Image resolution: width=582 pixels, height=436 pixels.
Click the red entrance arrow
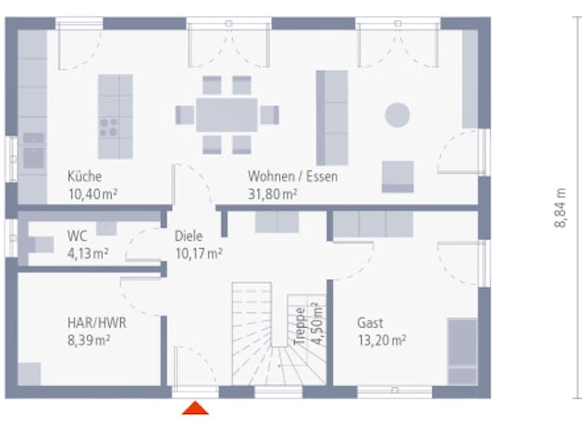[196, 408]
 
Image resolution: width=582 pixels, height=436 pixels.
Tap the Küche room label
[85, 176]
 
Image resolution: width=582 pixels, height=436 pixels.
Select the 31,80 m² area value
[273, 193]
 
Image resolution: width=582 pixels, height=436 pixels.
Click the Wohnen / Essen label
[293, 176]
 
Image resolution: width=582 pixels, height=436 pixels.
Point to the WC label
[77, 236]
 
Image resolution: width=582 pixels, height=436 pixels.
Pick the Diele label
[189, 236]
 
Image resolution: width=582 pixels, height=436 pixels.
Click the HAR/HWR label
[97, 322]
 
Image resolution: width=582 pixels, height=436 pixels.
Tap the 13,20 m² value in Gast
[382, 340]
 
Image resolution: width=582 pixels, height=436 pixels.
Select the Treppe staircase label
[300, 326]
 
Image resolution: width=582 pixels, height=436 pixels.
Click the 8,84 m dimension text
[560, 208]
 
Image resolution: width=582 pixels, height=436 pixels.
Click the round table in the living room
[397, 115]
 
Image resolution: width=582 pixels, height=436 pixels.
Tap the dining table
[226, 115]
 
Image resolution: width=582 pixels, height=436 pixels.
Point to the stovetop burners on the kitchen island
[108, 127]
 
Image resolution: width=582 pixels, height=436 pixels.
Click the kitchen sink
[34, 152]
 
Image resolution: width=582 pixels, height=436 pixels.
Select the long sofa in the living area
[332, 117]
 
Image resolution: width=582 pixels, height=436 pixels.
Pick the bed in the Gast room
[463, 352]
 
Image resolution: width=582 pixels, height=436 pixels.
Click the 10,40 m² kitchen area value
[93, 193]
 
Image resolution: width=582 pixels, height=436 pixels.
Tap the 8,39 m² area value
[89, 340]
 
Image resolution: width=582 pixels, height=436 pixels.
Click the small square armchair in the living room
[397, 177]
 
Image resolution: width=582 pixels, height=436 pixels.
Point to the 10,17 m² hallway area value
[199, 253]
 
